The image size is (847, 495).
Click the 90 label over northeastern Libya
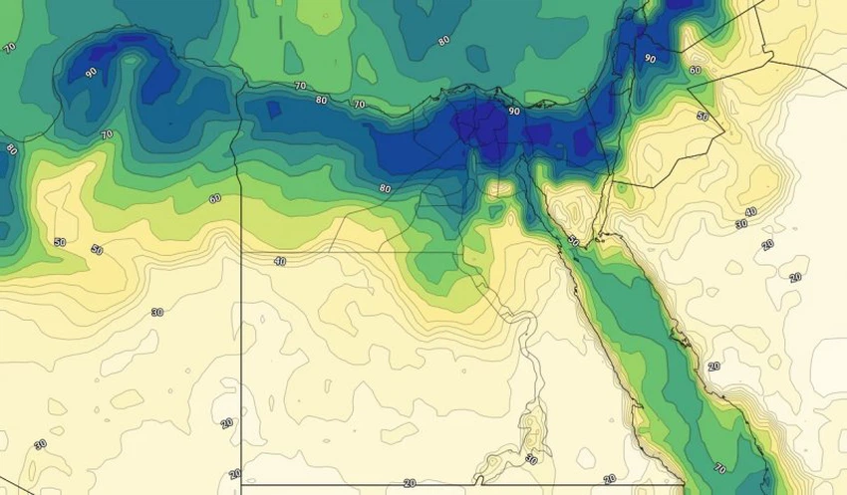pyautogui.click(x=91, y=73)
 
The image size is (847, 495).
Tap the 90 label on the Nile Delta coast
pyautogui.click(x=514, y=113)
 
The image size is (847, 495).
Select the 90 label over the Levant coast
pyautogui.click(x=650, y=59)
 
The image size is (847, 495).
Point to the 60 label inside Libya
pyautogui.click(x=215, y=199)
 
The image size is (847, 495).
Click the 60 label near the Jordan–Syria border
pyautogui.click(x=695, y=71)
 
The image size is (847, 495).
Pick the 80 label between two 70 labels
pyautogui.click(x=321, y=100)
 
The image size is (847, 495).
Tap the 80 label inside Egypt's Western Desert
pyautogui.click(x=385, y=188)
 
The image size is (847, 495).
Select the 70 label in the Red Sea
pyautogui.click(x=719, y=467)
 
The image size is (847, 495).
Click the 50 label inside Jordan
pyautogui.click(x=703, y=117)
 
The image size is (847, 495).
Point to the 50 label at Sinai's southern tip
pyautogui.click(x=572, y=240)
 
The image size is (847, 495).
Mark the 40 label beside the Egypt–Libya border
pyautogui.click(x=279, y=261)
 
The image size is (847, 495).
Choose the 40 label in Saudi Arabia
pyautogui.click(x=750, y=212)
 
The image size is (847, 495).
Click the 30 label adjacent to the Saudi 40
pyautogui.click(x=740, y=224)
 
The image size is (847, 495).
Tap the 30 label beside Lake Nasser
pyautogui.click(x=531, y=460)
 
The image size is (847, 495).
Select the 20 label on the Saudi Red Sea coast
pyautogui.click(x=713, y=367)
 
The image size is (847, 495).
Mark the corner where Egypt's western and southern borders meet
pyautogui.click(x=241, y=484)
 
